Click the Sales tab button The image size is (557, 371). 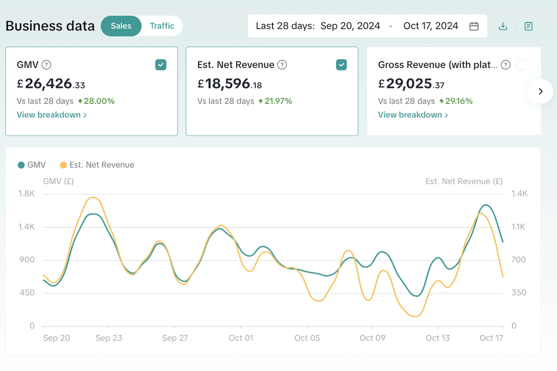[121, 26]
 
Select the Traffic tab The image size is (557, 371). [162, 26]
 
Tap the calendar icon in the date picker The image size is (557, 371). [474, 26]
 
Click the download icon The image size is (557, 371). [503, 26]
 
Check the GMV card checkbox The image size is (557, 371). [161, 65]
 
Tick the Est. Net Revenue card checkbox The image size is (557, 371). [342, 65]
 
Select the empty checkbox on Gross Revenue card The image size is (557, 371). [522, 65]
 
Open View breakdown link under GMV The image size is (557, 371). [52, 115]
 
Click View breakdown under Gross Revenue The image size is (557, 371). [413, 115]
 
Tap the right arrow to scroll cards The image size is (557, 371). [541, 91]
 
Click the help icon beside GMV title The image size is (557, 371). [46, 65]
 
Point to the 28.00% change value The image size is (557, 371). [99, 101]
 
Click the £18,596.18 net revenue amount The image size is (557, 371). [230, 84]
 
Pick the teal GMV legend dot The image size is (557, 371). [21, 165]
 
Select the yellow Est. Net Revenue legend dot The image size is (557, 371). [63, 165]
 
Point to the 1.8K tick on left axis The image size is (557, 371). [27, 194]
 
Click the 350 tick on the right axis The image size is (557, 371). [518, 293]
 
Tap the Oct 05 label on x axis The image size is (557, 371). [307, 338]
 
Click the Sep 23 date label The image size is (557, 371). [109, 338]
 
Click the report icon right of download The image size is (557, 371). [528, 26]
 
